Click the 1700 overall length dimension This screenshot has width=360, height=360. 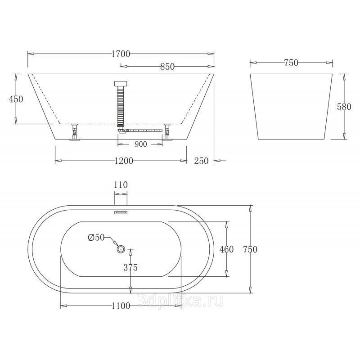tap(121, 54)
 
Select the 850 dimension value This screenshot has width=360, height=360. tap(167, 67)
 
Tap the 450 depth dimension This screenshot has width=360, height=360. tap(16, 99)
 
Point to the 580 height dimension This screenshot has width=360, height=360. tap(344, 107)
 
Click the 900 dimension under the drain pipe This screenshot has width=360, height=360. tap(140, 144)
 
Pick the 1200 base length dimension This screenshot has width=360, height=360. tap(124, 161)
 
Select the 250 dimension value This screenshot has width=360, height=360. tap(201, 161)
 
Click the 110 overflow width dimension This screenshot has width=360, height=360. tap(121, 184)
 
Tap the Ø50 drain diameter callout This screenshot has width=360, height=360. tap(96, 238)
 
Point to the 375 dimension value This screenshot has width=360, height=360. tap(130, 267)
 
